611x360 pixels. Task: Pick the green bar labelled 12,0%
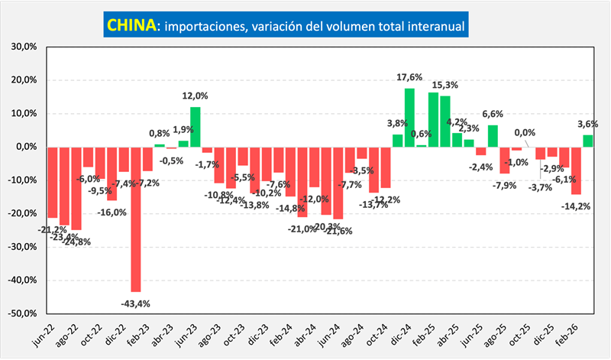[x=196, y=127]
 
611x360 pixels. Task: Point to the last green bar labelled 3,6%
[x=587, y=141]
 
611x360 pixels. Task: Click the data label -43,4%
[x=136, y=303]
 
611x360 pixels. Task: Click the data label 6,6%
[x=493, y=115]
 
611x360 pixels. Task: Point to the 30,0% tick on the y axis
[x=25, y=47]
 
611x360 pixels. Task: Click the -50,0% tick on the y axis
[x=24, y=313]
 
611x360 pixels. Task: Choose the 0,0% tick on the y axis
[x=27, y=147]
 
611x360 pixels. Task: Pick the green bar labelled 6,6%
[x=493, y=136]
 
